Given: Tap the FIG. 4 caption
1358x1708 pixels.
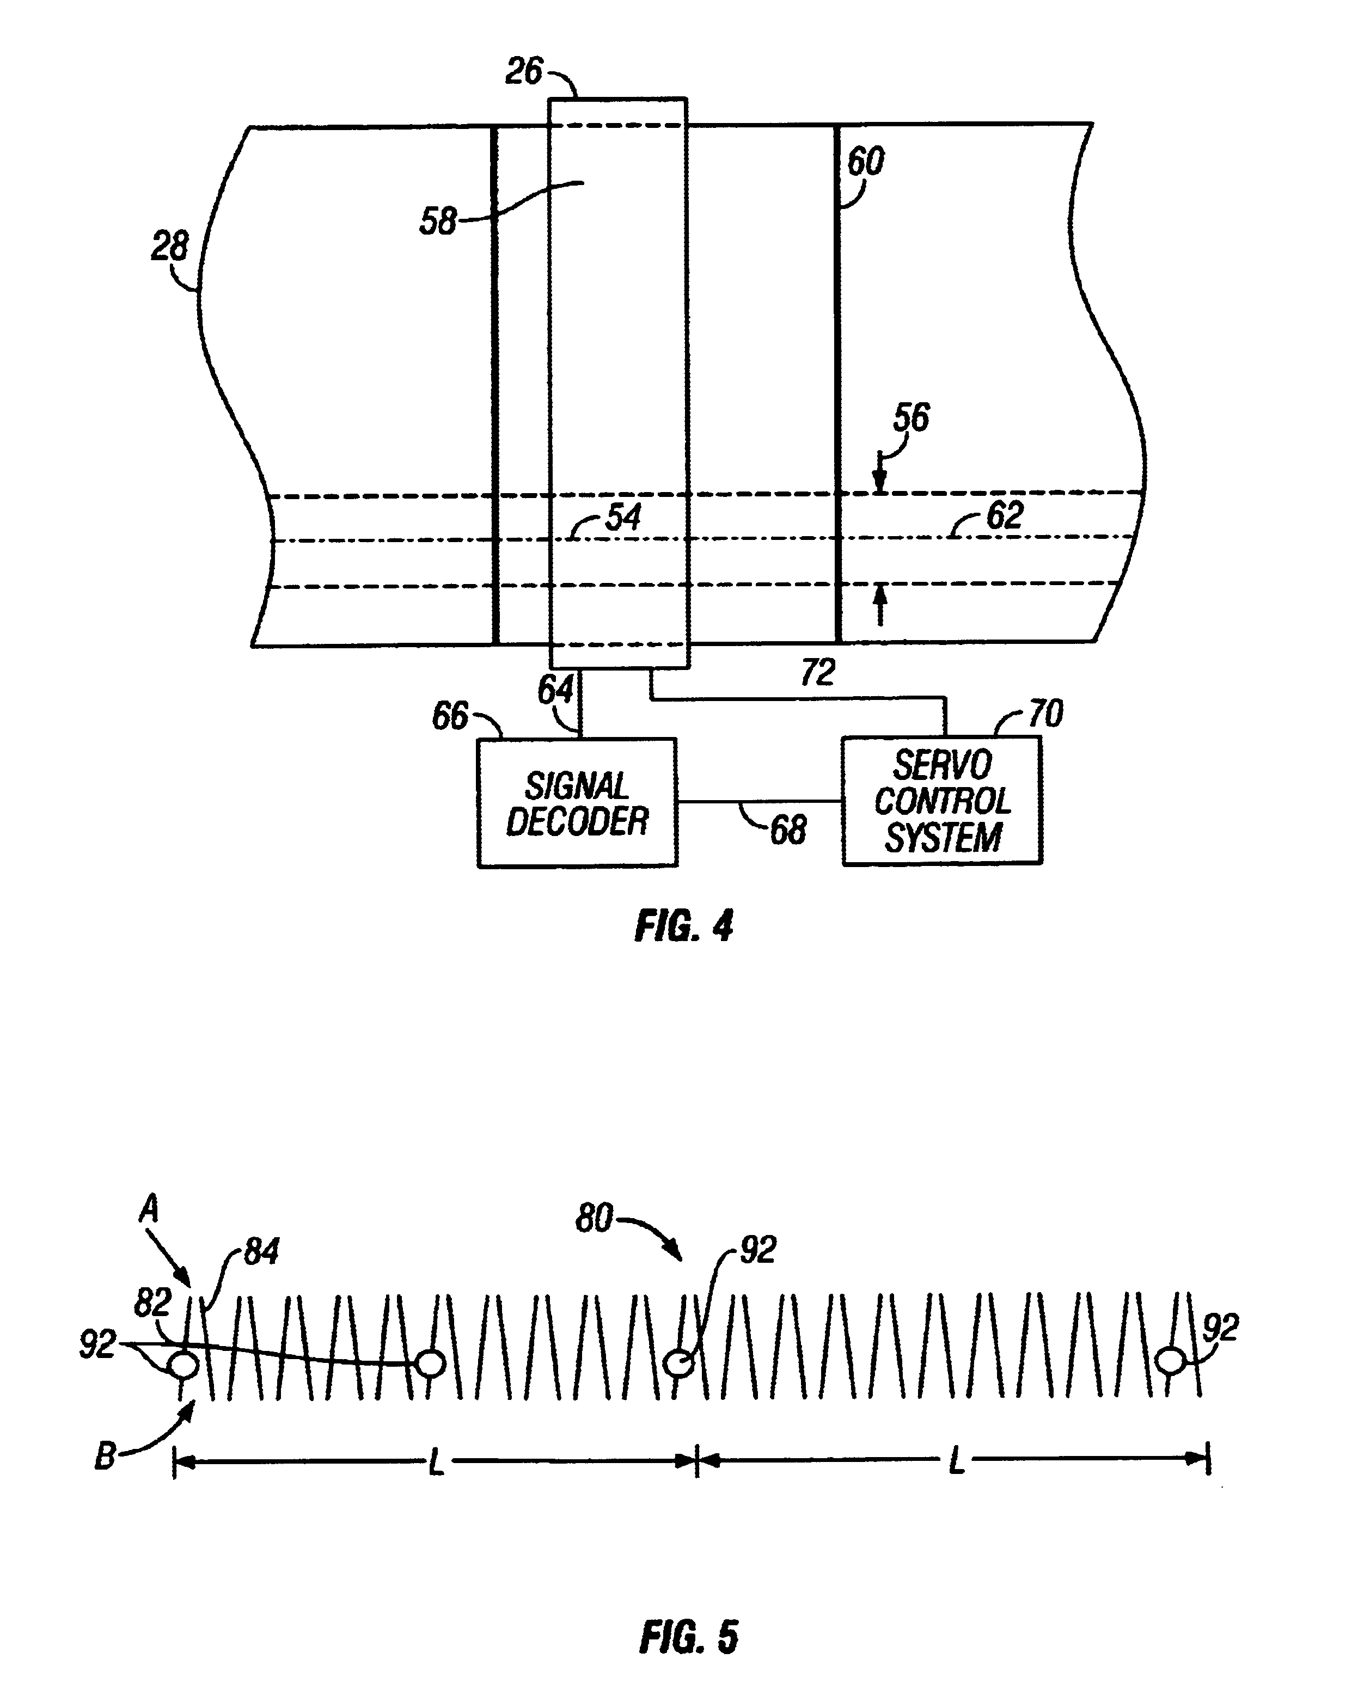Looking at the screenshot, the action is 684,925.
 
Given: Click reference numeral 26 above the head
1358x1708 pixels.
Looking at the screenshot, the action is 524,71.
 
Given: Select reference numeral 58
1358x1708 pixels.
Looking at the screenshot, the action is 438,221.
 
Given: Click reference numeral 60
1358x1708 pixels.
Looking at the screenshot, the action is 865,162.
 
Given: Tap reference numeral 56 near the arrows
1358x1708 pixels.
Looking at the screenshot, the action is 910,417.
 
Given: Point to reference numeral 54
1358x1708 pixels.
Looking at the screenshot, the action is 623,517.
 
